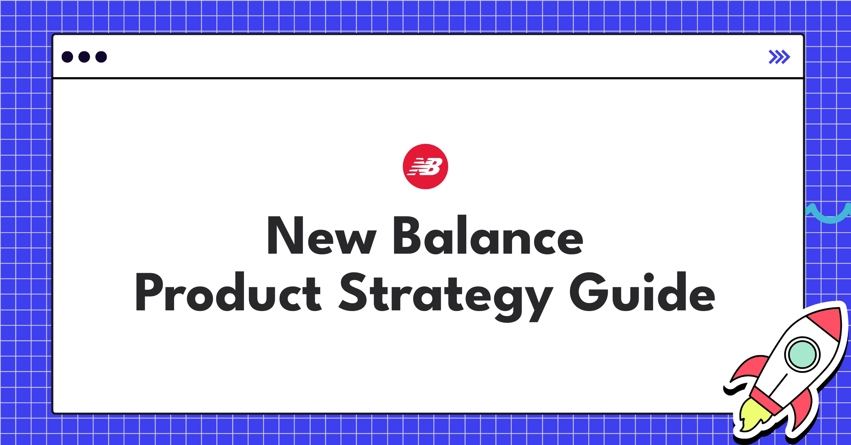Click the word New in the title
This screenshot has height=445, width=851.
321,236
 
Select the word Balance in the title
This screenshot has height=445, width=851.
488,236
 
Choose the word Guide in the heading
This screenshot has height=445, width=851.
642,292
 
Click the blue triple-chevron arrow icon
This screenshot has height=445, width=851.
779,57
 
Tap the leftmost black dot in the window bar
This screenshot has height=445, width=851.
67,57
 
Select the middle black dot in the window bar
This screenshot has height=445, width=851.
84,57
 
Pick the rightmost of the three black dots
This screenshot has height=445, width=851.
101,57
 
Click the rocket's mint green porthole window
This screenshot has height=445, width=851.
802,354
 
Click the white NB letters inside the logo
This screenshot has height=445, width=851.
425,167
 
